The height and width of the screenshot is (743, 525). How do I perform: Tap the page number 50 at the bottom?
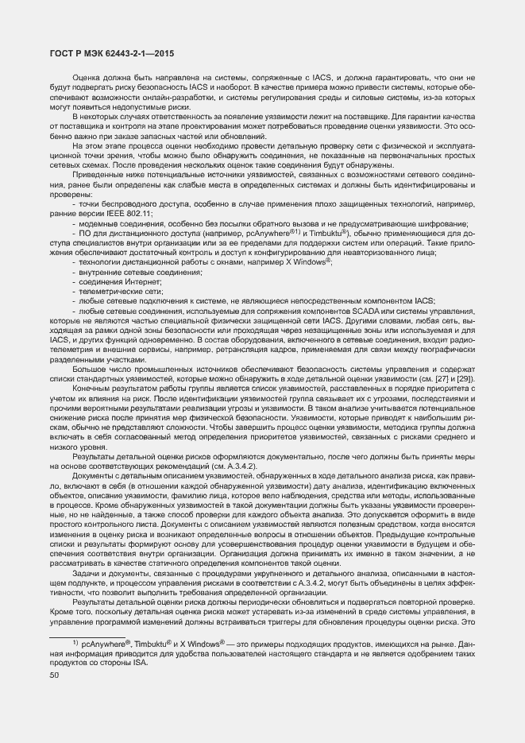coord(54,675)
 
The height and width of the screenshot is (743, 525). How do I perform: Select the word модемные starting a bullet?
coord(95,223)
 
